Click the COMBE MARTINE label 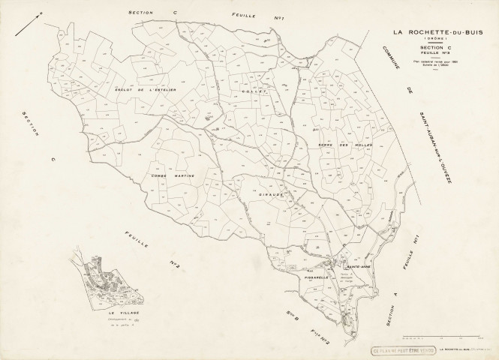(x=173, y=175)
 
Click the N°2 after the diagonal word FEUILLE (x=177, y=264)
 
